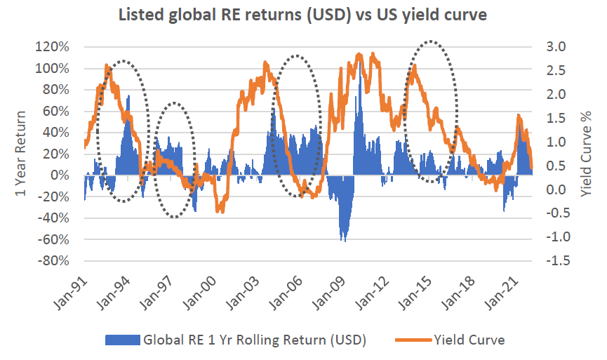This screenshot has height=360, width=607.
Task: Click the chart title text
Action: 304,13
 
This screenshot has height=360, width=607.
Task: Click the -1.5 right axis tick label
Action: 552,261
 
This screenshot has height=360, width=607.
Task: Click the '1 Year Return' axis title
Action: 20,154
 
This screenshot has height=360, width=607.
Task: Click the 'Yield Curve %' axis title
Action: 588,154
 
